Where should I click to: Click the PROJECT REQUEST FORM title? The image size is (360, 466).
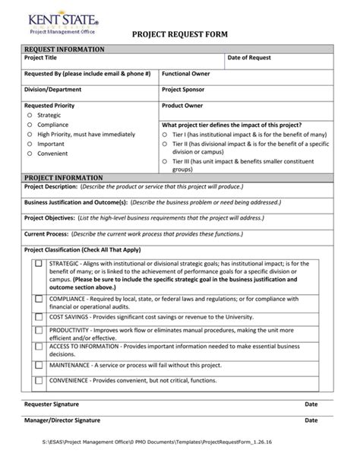[x=180, y=35]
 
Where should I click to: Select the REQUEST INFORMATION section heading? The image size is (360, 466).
[x=65, y=49]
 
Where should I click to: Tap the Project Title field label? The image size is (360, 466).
[x=40, y=58]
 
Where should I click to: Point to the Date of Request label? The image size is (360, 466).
[x=250, y=58]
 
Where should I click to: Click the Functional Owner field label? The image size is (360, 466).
[x=188, y=74]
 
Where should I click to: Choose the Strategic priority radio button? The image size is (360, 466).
[x=30, y=116]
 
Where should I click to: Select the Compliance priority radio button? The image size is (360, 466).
[x=30, y=125]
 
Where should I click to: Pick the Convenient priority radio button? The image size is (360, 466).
[x=30, y=152]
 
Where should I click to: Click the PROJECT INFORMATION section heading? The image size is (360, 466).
[x=64, y=177]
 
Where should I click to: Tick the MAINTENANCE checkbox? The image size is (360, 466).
[x=38, y=365]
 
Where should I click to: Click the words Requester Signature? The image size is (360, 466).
[x=52, y=404]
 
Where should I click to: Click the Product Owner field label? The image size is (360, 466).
[x=182, y=106]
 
